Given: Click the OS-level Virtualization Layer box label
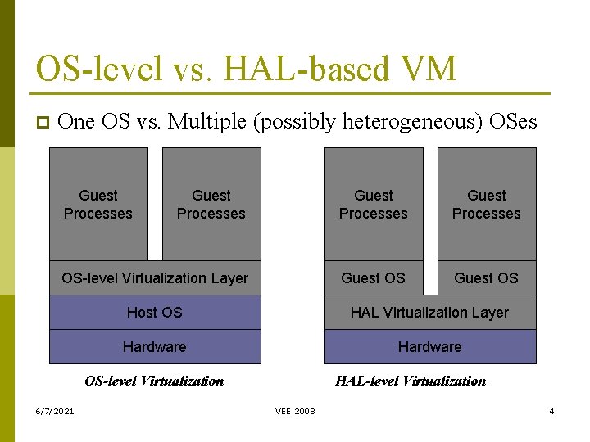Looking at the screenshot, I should pyautogui.click(x=155, y=278).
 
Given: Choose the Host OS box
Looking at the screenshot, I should pyautogui.click(x=155, y=313).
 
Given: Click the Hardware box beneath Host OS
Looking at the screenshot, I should pyautogui.click(x=155, y=347).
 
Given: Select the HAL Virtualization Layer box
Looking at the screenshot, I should pyautogui.click(x=429, y=313).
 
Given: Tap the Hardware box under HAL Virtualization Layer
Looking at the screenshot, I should pyautogui.click(x=429, y=347).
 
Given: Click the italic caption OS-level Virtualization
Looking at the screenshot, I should pyautogui.click(x=154, y=381).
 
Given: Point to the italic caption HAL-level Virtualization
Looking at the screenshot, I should pyautogui.click(x=411, y=381).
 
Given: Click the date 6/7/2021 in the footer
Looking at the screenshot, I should pyautogui.click(x=54, y=411).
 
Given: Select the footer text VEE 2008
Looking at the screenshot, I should pyautogui.click(x=295, y=411).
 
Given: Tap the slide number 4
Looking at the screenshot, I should pyautogui.click(x=551, y=411).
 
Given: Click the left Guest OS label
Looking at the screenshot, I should pyautogui.click(x=373, y=278).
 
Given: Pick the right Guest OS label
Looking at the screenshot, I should pyautogui.click(x=486, y=278).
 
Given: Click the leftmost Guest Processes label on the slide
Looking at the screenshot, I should pyautogui.click(x=98, y=205).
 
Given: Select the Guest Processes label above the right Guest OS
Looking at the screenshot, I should pyautogui.click(x=486, y=205).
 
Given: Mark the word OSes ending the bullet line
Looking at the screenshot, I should pyautogui.click(x=512, y=122).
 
